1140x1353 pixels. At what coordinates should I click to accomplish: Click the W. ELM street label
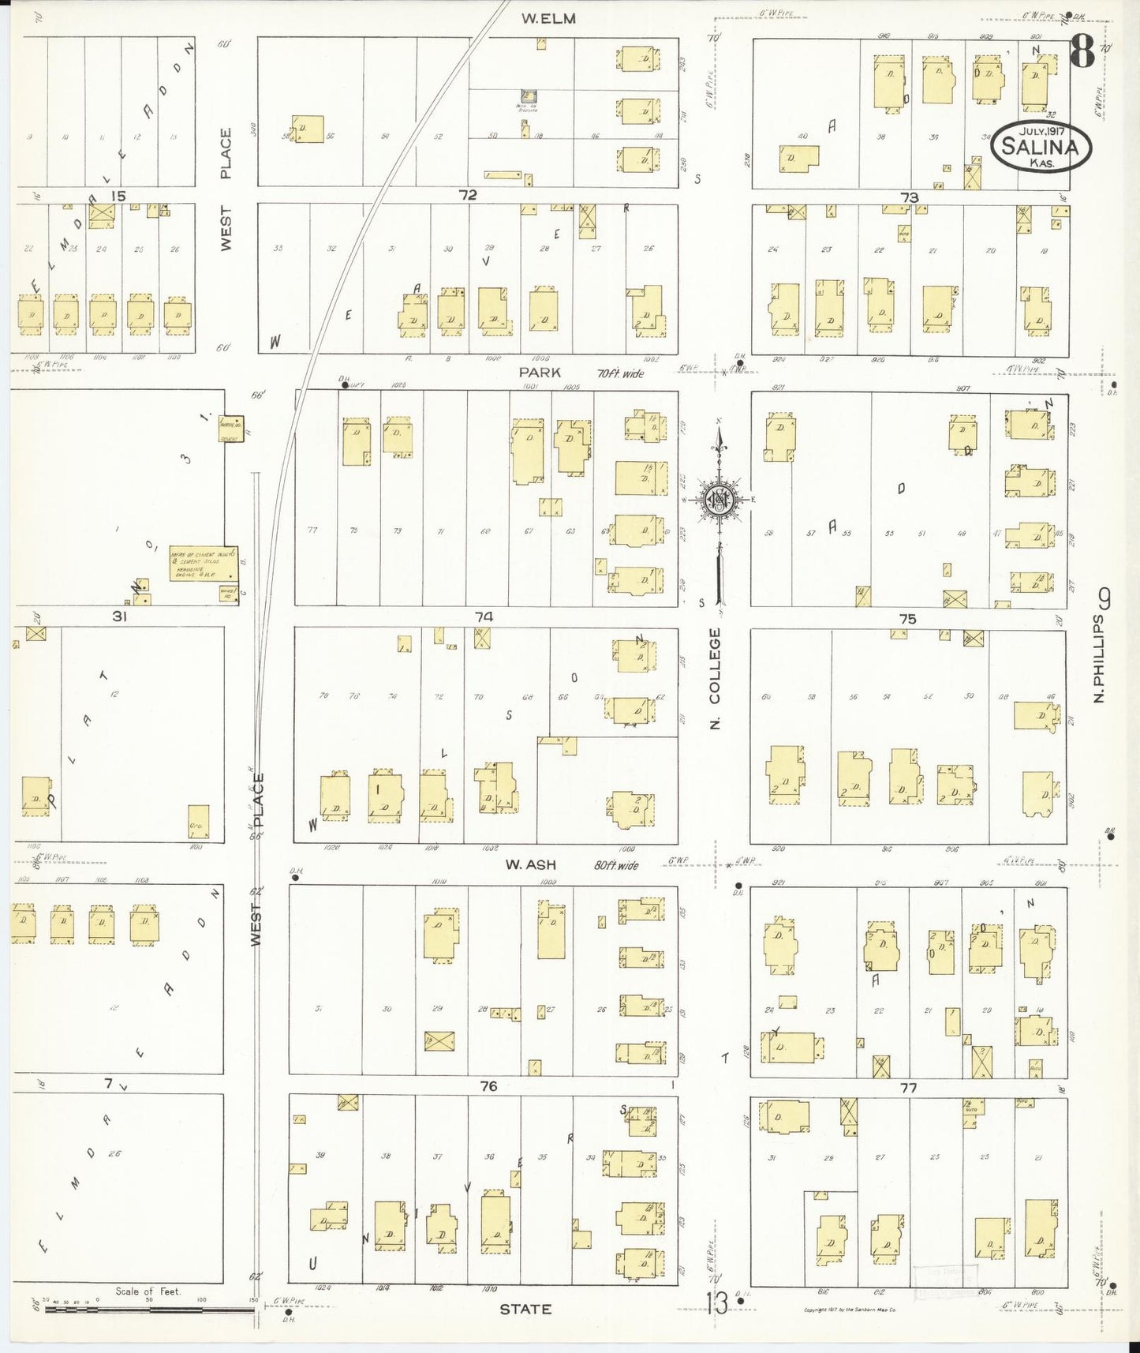click(x=548, y=18)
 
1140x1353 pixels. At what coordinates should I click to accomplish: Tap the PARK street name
click(x=540, y=371)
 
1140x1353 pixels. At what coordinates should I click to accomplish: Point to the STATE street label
click(x=525, y=1309)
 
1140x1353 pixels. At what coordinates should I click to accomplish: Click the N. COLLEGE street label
click(x=716, y=678)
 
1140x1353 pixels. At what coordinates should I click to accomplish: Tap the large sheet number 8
click(x=1082, y=53)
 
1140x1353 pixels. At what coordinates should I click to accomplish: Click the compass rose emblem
click(x=720, y=500)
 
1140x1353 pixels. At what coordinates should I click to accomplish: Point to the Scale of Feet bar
click(x=150, y=1309)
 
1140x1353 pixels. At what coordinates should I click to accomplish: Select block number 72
click(x=468, y=195)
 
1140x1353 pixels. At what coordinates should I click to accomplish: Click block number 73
click(x=910, y=197)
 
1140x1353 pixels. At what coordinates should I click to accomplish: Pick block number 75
click(x=907, y=619)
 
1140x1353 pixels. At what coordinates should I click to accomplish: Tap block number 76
click(x=488, y=1086)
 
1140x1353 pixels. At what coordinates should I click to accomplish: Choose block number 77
click(x=909, y=1088)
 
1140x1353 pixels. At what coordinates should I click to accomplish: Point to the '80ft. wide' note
click(x=615, y=865)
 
